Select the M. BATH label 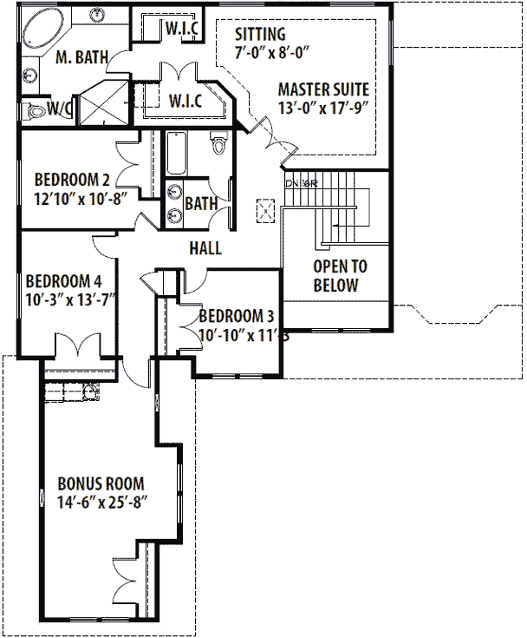81,58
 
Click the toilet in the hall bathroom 218,143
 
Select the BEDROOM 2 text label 72,180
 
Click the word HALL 205,248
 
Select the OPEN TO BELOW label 335,276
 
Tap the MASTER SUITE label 323,89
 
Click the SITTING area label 260,35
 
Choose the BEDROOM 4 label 64,281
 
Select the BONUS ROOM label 101,483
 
